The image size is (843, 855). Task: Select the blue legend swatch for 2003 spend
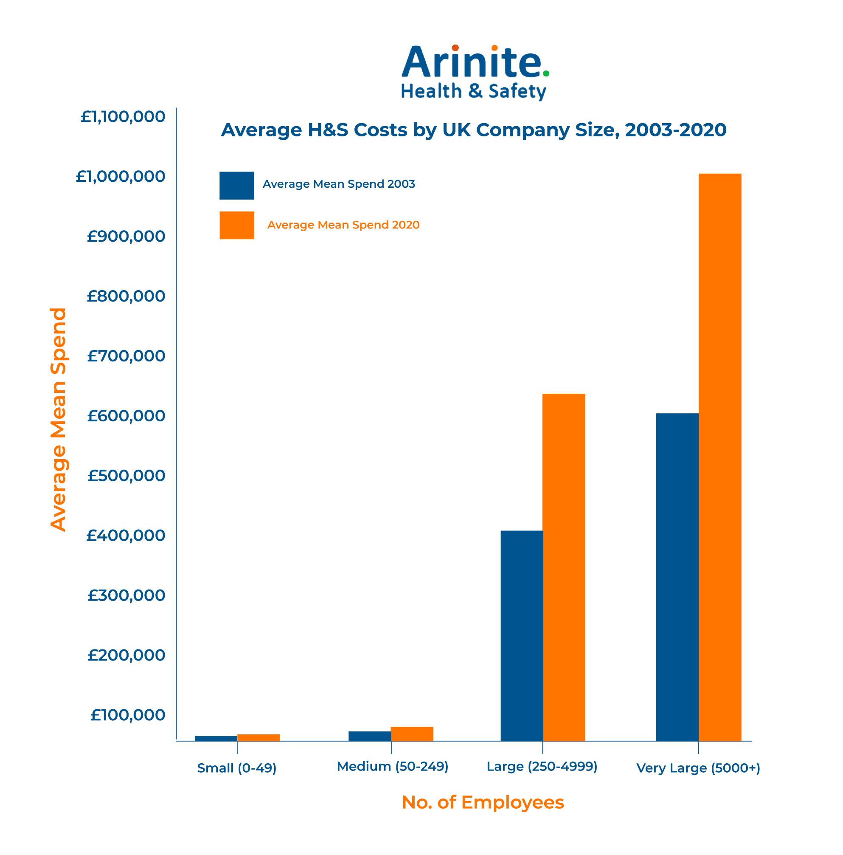pos(236,186)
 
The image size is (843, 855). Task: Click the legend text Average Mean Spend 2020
pos(343,225)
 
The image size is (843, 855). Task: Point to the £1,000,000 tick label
pos(120,177)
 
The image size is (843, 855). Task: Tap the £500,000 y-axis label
pos(126,476)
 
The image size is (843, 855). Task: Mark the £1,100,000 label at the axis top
pos(123,117)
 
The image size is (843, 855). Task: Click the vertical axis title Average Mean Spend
pos(59,419)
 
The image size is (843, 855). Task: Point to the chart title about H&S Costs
pos(473,130)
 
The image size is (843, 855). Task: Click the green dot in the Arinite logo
pos(546,73)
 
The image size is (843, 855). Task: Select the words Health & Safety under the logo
pos(473,91)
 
